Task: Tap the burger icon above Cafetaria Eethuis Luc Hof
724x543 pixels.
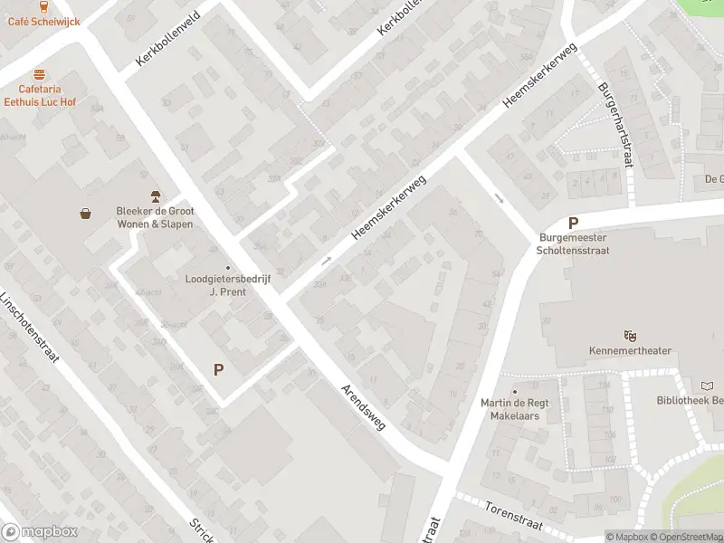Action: pos(38,74)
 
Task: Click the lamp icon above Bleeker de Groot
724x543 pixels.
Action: pos(155,196)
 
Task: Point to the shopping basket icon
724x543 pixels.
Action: pos(86,214)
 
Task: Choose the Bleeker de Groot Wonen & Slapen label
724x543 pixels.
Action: pos(155,217)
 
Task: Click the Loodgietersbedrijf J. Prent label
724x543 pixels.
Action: pos(227,286)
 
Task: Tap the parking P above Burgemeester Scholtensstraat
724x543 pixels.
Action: pos(572,223)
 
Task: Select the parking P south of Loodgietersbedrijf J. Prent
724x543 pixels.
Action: pos(218,369)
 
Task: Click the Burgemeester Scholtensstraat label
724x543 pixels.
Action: pos(572,244)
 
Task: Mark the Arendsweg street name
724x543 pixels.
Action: pos(362,407)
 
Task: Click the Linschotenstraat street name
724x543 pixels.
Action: pos(29,327)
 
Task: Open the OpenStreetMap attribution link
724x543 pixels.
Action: pos(684,537)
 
